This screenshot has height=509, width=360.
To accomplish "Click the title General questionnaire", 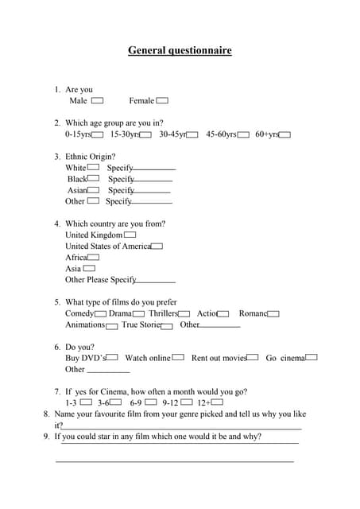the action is (180, 51).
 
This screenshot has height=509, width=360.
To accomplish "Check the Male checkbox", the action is (98, 101).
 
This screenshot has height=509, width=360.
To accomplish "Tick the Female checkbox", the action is (162, 101).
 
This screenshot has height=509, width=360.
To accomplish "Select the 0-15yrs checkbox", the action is (98, 135).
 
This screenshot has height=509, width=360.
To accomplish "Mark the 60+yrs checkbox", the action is (285, 135).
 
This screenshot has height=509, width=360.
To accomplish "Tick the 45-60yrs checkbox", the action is (243, 135).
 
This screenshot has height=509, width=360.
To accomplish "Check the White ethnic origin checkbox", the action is (93, 168).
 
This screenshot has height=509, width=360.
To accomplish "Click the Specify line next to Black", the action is (153, 181).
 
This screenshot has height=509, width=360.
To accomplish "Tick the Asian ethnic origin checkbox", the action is (94, 190).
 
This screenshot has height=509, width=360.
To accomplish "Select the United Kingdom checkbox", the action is (130, 235).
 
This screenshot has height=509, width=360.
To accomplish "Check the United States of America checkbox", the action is (157, 247).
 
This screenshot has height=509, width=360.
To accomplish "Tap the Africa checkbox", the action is (94, 258).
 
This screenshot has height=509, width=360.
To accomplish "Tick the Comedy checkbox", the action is (101, 314).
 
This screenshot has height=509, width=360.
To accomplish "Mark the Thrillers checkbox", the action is (184, 314).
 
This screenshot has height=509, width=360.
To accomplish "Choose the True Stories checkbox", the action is (167, 325).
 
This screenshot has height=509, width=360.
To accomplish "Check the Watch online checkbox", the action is (178, 358).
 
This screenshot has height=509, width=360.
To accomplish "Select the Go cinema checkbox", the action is (312, 358).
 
